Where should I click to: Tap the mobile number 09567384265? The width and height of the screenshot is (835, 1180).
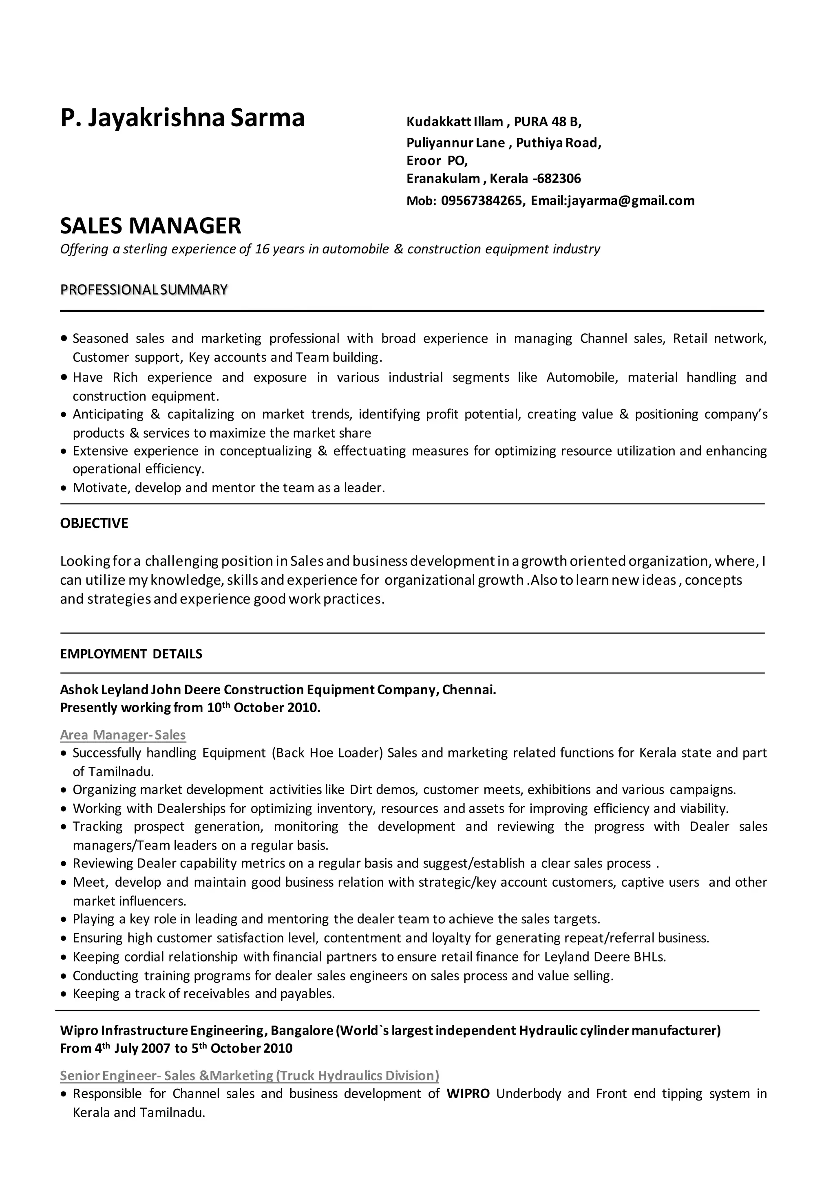(482, 201)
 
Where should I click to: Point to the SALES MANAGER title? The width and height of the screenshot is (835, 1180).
(150, 226)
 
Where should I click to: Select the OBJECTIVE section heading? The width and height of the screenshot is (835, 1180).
(94, 523)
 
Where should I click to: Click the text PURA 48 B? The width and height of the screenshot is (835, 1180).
(547, 122)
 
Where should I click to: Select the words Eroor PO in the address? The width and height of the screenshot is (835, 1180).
(437, 161)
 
